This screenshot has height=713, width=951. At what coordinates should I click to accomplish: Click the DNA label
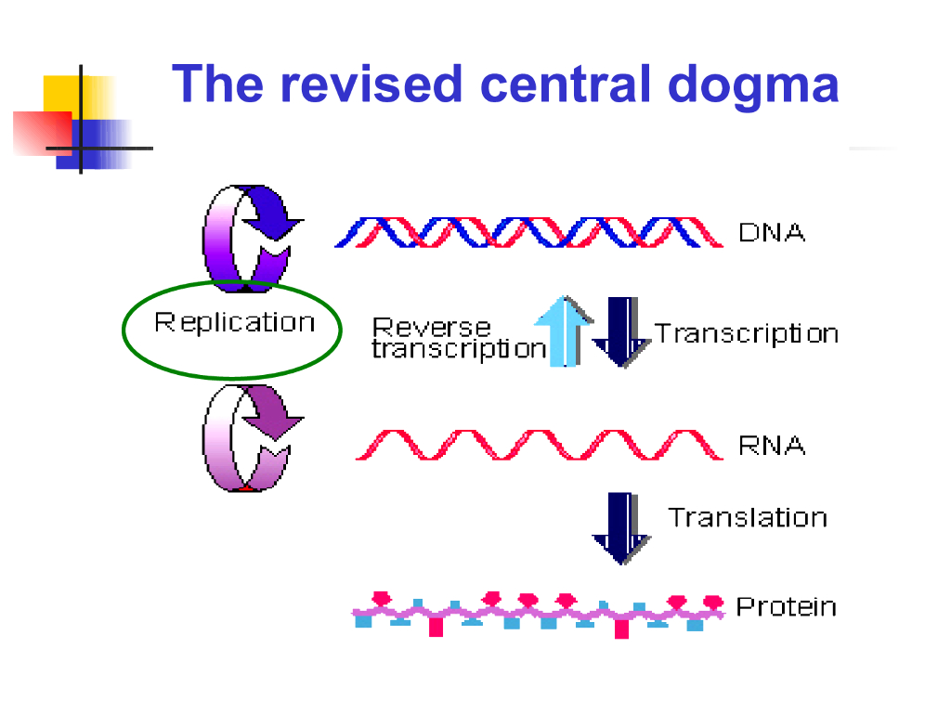pos(771,232)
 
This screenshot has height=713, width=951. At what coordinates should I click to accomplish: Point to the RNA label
pos(771,445)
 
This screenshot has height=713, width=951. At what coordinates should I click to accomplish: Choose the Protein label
pos(786,607)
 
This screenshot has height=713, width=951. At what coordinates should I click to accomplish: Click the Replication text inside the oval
pos(234,323)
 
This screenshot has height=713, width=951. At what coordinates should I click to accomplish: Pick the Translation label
pos(747,517)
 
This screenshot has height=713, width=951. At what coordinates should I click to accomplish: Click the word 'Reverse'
pos(431,327)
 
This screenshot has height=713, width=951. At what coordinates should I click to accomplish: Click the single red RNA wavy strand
pos(539,445)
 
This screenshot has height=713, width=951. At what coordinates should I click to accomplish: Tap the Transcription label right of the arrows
pos(746,333)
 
